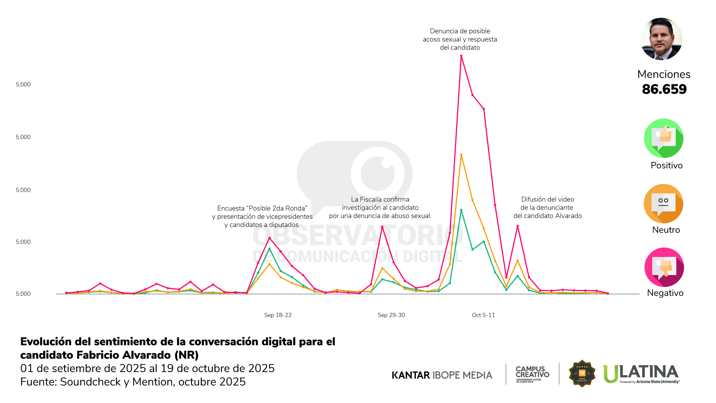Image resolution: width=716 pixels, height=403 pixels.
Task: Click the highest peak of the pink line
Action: [461, 56]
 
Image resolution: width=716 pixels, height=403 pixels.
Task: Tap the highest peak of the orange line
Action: [461, 154]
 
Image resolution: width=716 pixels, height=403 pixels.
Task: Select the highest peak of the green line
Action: [461, 210]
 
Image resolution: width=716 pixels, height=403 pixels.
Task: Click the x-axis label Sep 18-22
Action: [278, 315]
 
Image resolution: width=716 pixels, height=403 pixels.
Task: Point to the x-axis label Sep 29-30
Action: [391, 315]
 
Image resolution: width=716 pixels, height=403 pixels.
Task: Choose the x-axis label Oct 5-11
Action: [483, 315]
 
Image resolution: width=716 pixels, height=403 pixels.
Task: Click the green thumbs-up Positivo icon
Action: [663, 138]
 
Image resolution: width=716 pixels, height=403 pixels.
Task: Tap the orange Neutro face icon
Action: [663, 204]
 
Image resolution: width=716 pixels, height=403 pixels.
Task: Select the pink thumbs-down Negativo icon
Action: [664, 267]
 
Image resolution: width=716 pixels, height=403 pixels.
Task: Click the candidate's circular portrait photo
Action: [662, 39]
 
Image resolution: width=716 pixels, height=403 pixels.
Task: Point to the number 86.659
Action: [664, 89]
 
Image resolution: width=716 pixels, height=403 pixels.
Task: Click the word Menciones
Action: [664, 74]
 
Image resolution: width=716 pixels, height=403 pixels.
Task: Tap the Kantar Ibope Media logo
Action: [442, 375]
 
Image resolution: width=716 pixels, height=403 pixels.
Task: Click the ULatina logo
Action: [641, 374]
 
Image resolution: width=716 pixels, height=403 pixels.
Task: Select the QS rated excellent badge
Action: [582, 374]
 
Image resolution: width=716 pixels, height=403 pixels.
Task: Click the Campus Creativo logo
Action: [532, 374]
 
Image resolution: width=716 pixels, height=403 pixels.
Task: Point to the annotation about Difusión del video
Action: [547, 207]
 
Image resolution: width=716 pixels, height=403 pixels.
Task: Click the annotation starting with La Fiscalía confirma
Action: [380, 207]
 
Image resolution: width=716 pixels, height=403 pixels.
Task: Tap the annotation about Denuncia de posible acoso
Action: [460, 39]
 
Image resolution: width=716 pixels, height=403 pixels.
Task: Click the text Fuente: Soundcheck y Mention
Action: [133, 382]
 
